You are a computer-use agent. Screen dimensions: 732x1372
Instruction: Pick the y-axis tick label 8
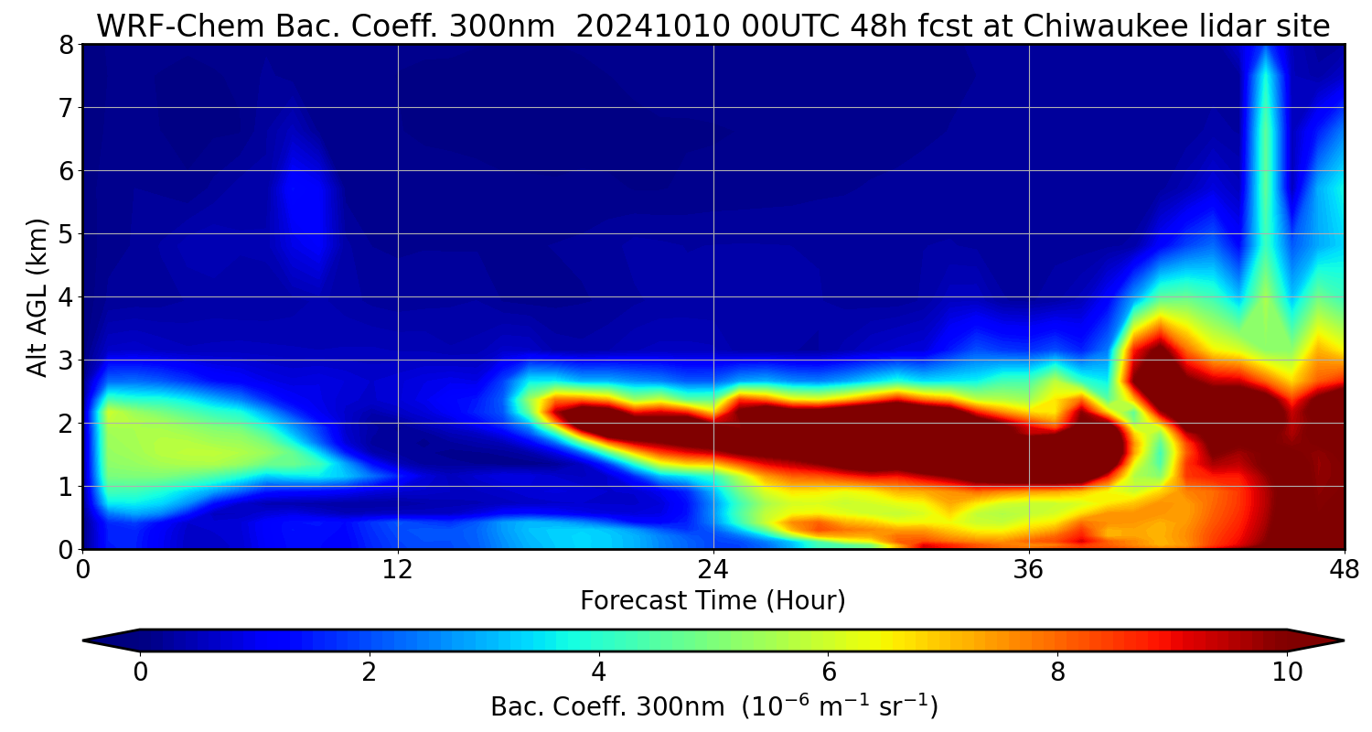pos(67,45)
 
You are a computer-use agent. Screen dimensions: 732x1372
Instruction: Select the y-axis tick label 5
pos(67,234)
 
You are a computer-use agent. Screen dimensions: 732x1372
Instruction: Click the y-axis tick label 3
pos(67,361)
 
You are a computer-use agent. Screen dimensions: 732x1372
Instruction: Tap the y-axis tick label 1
pos(67,487)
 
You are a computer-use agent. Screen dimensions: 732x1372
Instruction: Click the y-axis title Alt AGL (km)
pos(38,297)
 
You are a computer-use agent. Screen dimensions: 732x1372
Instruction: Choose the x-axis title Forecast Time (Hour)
pos(713,601)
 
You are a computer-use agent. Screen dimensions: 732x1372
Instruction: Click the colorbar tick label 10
pos(1287,673)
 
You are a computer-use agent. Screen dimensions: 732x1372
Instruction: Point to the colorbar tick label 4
pos(599,673)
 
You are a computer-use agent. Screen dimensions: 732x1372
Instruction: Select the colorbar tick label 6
pos(829,673)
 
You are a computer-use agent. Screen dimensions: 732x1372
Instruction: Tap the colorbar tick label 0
pos(140,673)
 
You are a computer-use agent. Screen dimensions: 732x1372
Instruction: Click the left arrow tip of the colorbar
pos(85,640)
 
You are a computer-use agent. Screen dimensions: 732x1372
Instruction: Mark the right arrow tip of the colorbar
pos(1342,640)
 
